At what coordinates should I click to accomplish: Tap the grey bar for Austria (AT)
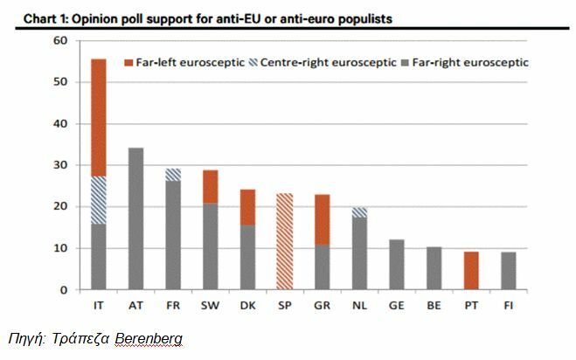tap(135, 218)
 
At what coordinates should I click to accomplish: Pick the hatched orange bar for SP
tap(285, 241)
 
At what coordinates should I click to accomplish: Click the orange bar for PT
tap(472, 270)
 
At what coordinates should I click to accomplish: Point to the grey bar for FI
tap(510, 270)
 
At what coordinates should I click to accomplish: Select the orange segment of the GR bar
tap(323, 219)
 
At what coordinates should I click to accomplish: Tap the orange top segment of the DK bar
tap(248, 206)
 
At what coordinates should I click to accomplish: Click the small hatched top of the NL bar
tap(360, 211)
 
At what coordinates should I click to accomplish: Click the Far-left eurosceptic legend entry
tap(184, 63)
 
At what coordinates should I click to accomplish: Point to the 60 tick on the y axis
tap(60, 41)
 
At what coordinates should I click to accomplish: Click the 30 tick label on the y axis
tap(60, 165)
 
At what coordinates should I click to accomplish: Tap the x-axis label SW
tap(211, 305)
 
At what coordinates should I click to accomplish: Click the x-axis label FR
tap(173, 305)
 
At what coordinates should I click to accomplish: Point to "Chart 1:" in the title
tap(39, 17)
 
